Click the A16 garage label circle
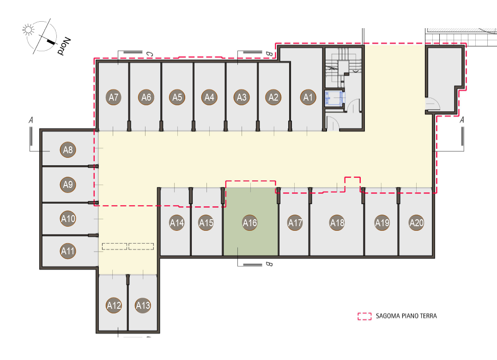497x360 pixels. tap(250, 223)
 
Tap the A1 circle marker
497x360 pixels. tap(308, 97)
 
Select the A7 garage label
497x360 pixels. tap(114, 97)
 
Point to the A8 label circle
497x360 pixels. tap(68, 150)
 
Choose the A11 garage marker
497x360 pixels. tap(68, 251)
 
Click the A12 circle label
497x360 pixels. tap(114, 305)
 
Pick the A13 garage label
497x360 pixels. tap(143, 305)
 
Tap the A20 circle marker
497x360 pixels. tap(416, 223)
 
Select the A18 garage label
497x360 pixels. tap(337, 223)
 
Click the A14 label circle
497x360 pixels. tap(177, 223)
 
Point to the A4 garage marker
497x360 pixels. tap(209, 97)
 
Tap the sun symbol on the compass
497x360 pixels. tap(28, 30)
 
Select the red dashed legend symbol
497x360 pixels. tap(364, 316)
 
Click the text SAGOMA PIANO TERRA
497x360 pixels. tap(406, 316)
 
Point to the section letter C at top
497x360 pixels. tap(150, 54)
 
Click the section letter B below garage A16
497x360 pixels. tap(269, 264)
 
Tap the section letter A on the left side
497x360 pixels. tap(31, 120)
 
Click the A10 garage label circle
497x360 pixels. tap(68, 218)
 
